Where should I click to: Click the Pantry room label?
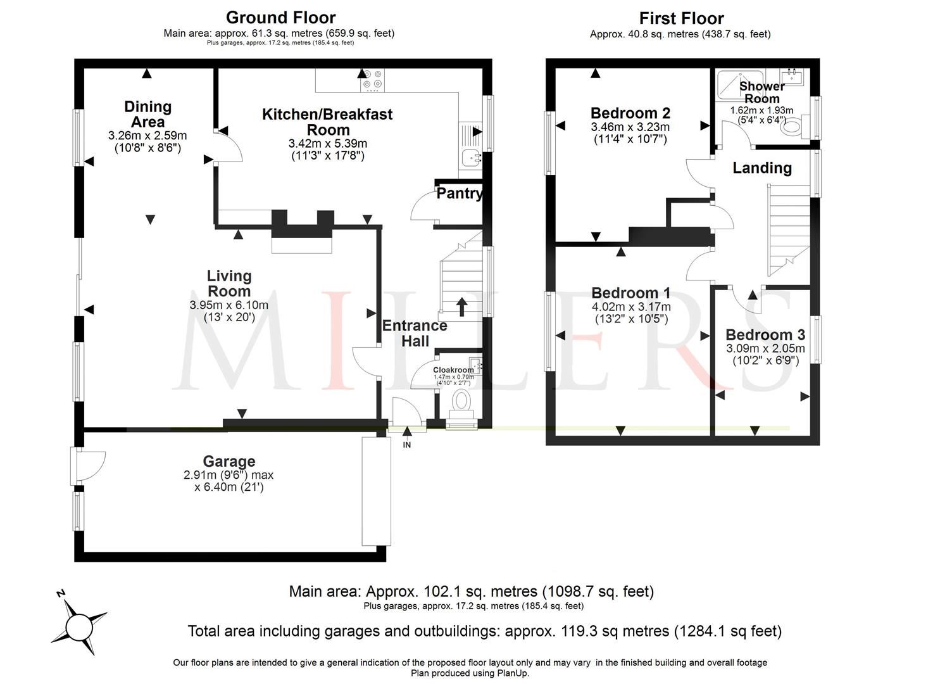point(459,194)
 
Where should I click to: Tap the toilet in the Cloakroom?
point(461,402)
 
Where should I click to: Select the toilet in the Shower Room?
point(791,127)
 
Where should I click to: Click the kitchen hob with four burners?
point(372,80)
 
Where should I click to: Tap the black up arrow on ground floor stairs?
point(461,307)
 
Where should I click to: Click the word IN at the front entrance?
point(407,445)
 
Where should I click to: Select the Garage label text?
point(229,462)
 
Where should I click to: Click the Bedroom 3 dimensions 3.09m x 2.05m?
point(765,348)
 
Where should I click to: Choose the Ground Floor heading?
point(280,18)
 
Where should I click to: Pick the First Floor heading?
point(681,18)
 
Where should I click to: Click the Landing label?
point(762,168)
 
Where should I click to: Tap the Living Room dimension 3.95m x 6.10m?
point(229,305)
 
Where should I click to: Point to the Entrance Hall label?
point(415,333)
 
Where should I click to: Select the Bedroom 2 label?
point(630,113)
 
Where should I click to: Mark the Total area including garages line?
point(484,631)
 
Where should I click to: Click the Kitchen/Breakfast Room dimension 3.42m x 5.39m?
point(327,144)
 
